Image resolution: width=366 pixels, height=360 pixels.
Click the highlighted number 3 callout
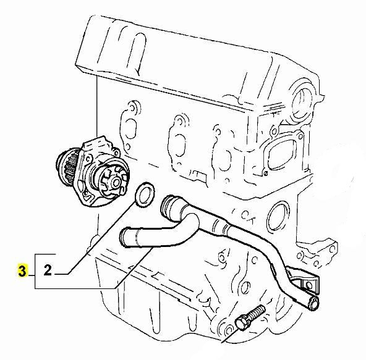pos(22,270)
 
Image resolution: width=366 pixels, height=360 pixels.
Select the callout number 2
pos(48,270)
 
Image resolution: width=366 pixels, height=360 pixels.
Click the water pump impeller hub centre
pos(116,183)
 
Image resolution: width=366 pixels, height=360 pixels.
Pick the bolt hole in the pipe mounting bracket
pos(309,285)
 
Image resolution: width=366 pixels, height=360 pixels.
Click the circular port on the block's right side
pos(278,216)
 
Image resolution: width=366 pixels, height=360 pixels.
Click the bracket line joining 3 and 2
pos(35,271)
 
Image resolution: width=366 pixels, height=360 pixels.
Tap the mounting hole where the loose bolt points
pos(228,330)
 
